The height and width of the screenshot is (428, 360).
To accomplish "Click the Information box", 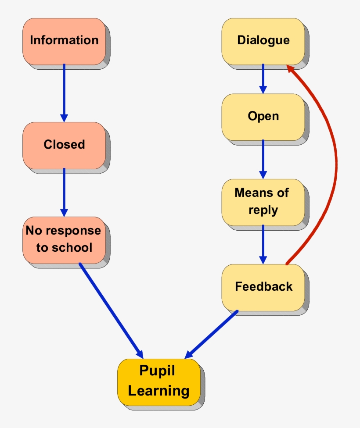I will (x=64, y=41).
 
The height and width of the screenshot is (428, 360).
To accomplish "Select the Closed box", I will (x=64, y=145).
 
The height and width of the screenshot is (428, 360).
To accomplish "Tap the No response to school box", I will (x=64, y=239).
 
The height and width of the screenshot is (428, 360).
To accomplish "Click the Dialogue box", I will (x=263, y=41).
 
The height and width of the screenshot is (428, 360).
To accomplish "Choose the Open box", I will (x=263, y=117).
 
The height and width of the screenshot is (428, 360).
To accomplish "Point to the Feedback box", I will (x=263, y=287).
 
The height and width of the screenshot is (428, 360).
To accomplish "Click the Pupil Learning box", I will (x=158, y=381).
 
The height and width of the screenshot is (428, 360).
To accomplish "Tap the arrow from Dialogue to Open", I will (x=263, y=78).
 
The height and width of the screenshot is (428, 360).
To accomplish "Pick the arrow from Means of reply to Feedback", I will (x=263, y=244).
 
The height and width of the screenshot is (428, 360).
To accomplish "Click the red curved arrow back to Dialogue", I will (x=335, y=162).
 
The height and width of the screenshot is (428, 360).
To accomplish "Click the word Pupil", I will (x=157, y=371).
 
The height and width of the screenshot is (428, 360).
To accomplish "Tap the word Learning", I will (x=158, y=391).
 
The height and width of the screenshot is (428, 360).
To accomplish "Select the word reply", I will (x=263, y=210).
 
